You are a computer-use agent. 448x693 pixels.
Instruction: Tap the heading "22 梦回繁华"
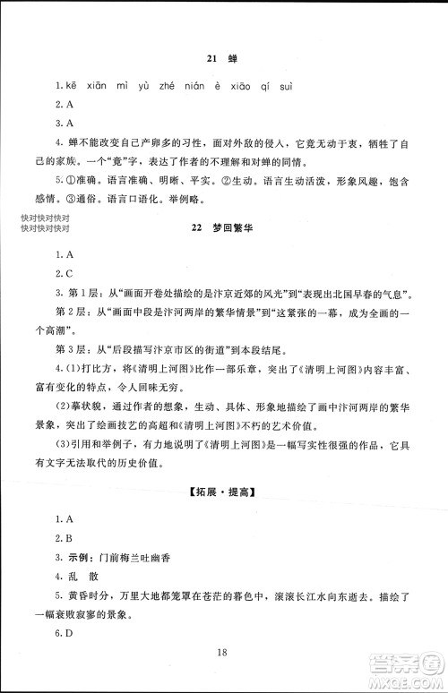224,229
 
